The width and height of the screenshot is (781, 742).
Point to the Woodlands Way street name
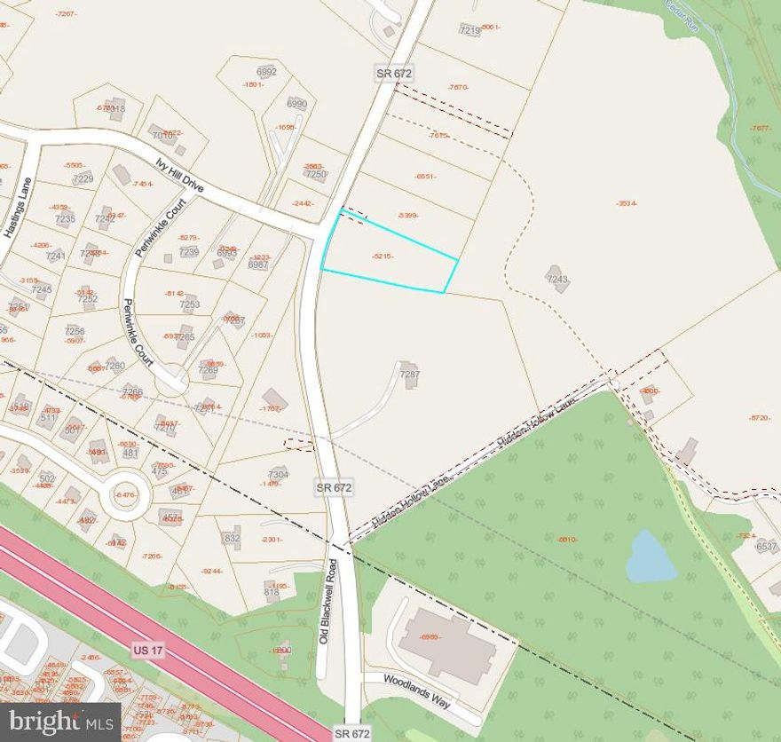pos(417,691)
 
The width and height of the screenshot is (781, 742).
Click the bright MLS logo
pos(60,722)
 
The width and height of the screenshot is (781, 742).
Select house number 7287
pos(409,375)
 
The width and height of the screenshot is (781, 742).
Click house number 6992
pos(266,72)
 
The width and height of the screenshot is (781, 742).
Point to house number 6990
pos(296,104)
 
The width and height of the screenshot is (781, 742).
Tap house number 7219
pos(469,30)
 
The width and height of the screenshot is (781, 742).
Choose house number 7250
pos(316,174)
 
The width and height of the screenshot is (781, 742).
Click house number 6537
pos(767,547)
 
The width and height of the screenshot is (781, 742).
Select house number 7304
pos(278,474)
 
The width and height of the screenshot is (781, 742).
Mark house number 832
pos(231,538)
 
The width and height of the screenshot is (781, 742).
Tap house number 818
pos(272,592)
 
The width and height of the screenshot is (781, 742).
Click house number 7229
pos(83,178)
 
